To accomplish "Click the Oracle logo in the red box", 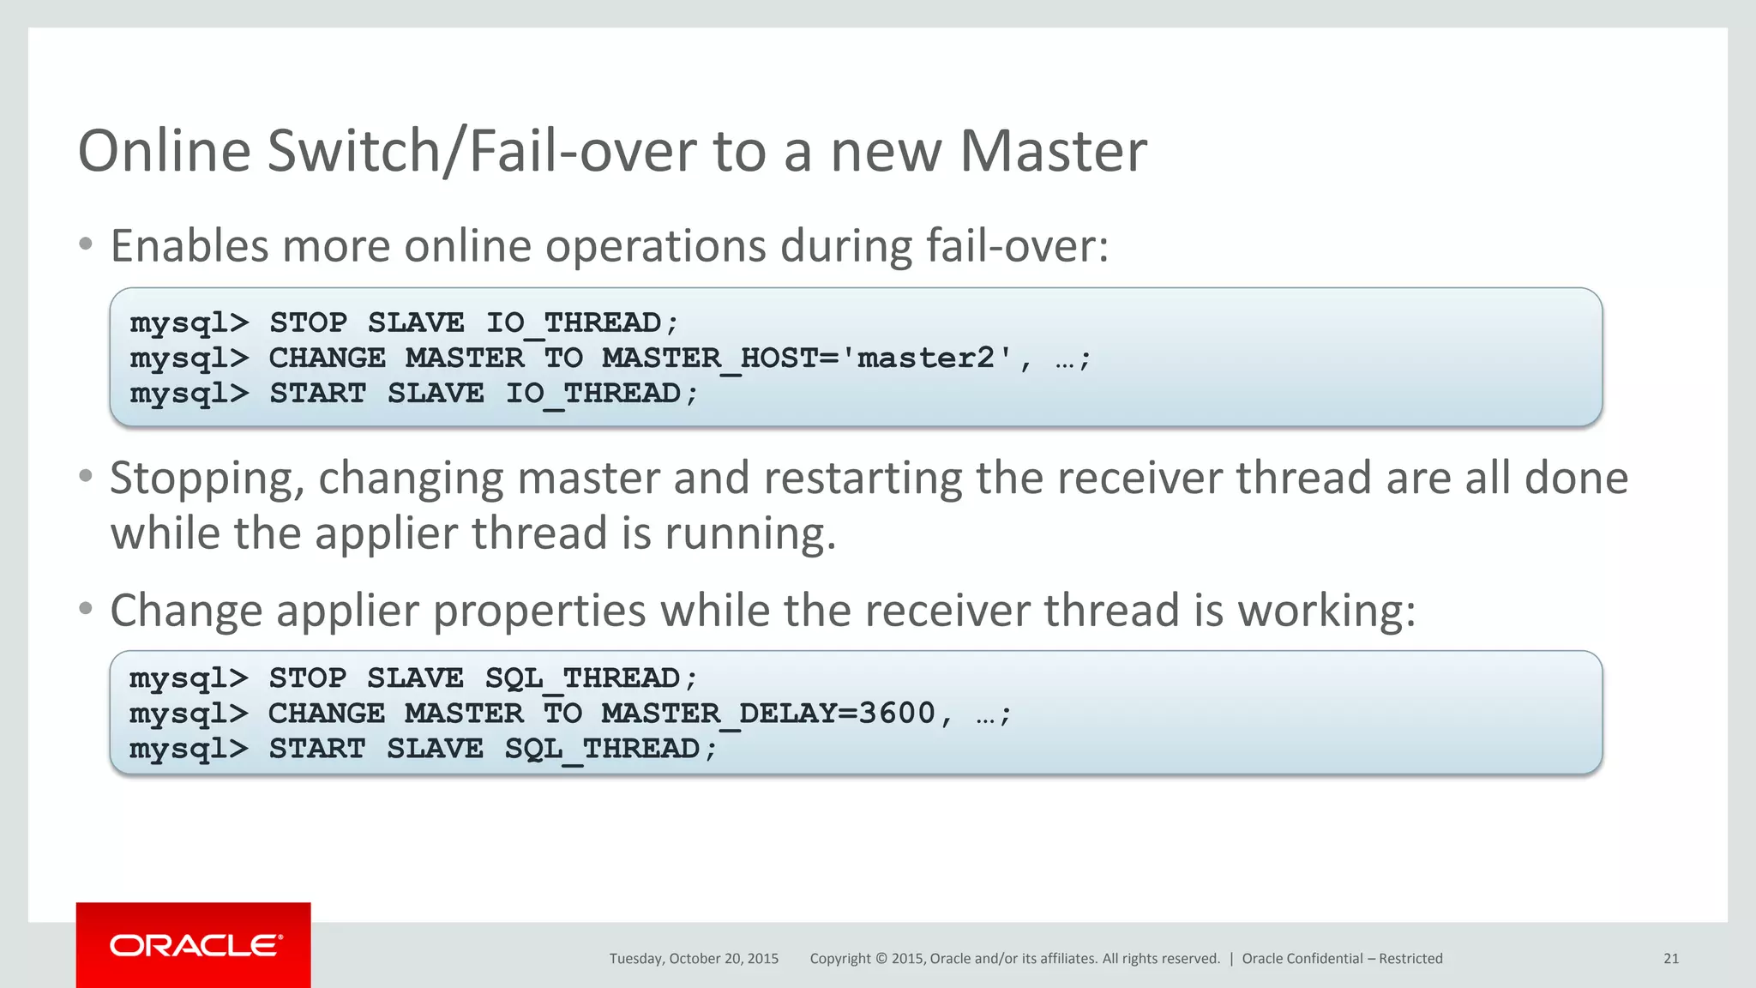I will click(195, 945).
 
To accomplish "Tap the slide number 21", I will click(1670, 959).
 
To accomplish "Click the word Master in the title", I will click(1052, 151).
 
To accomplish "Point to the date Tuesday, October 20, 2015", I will click(694, 959).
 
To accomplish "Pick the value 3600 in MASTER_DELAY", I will click(896, 714).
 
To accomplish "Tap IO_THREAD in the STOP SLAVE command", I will click(574, 322).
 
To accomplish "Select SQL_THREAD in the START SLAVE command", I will click(601, 749).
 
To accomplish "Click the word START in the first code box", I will click(317, 393).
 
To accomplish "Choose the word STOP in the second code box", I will click(307, 678).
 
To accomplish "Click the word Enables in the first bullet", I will click(189, 246).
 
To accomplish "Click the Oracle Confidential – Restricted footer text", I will click(1342, 959).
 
